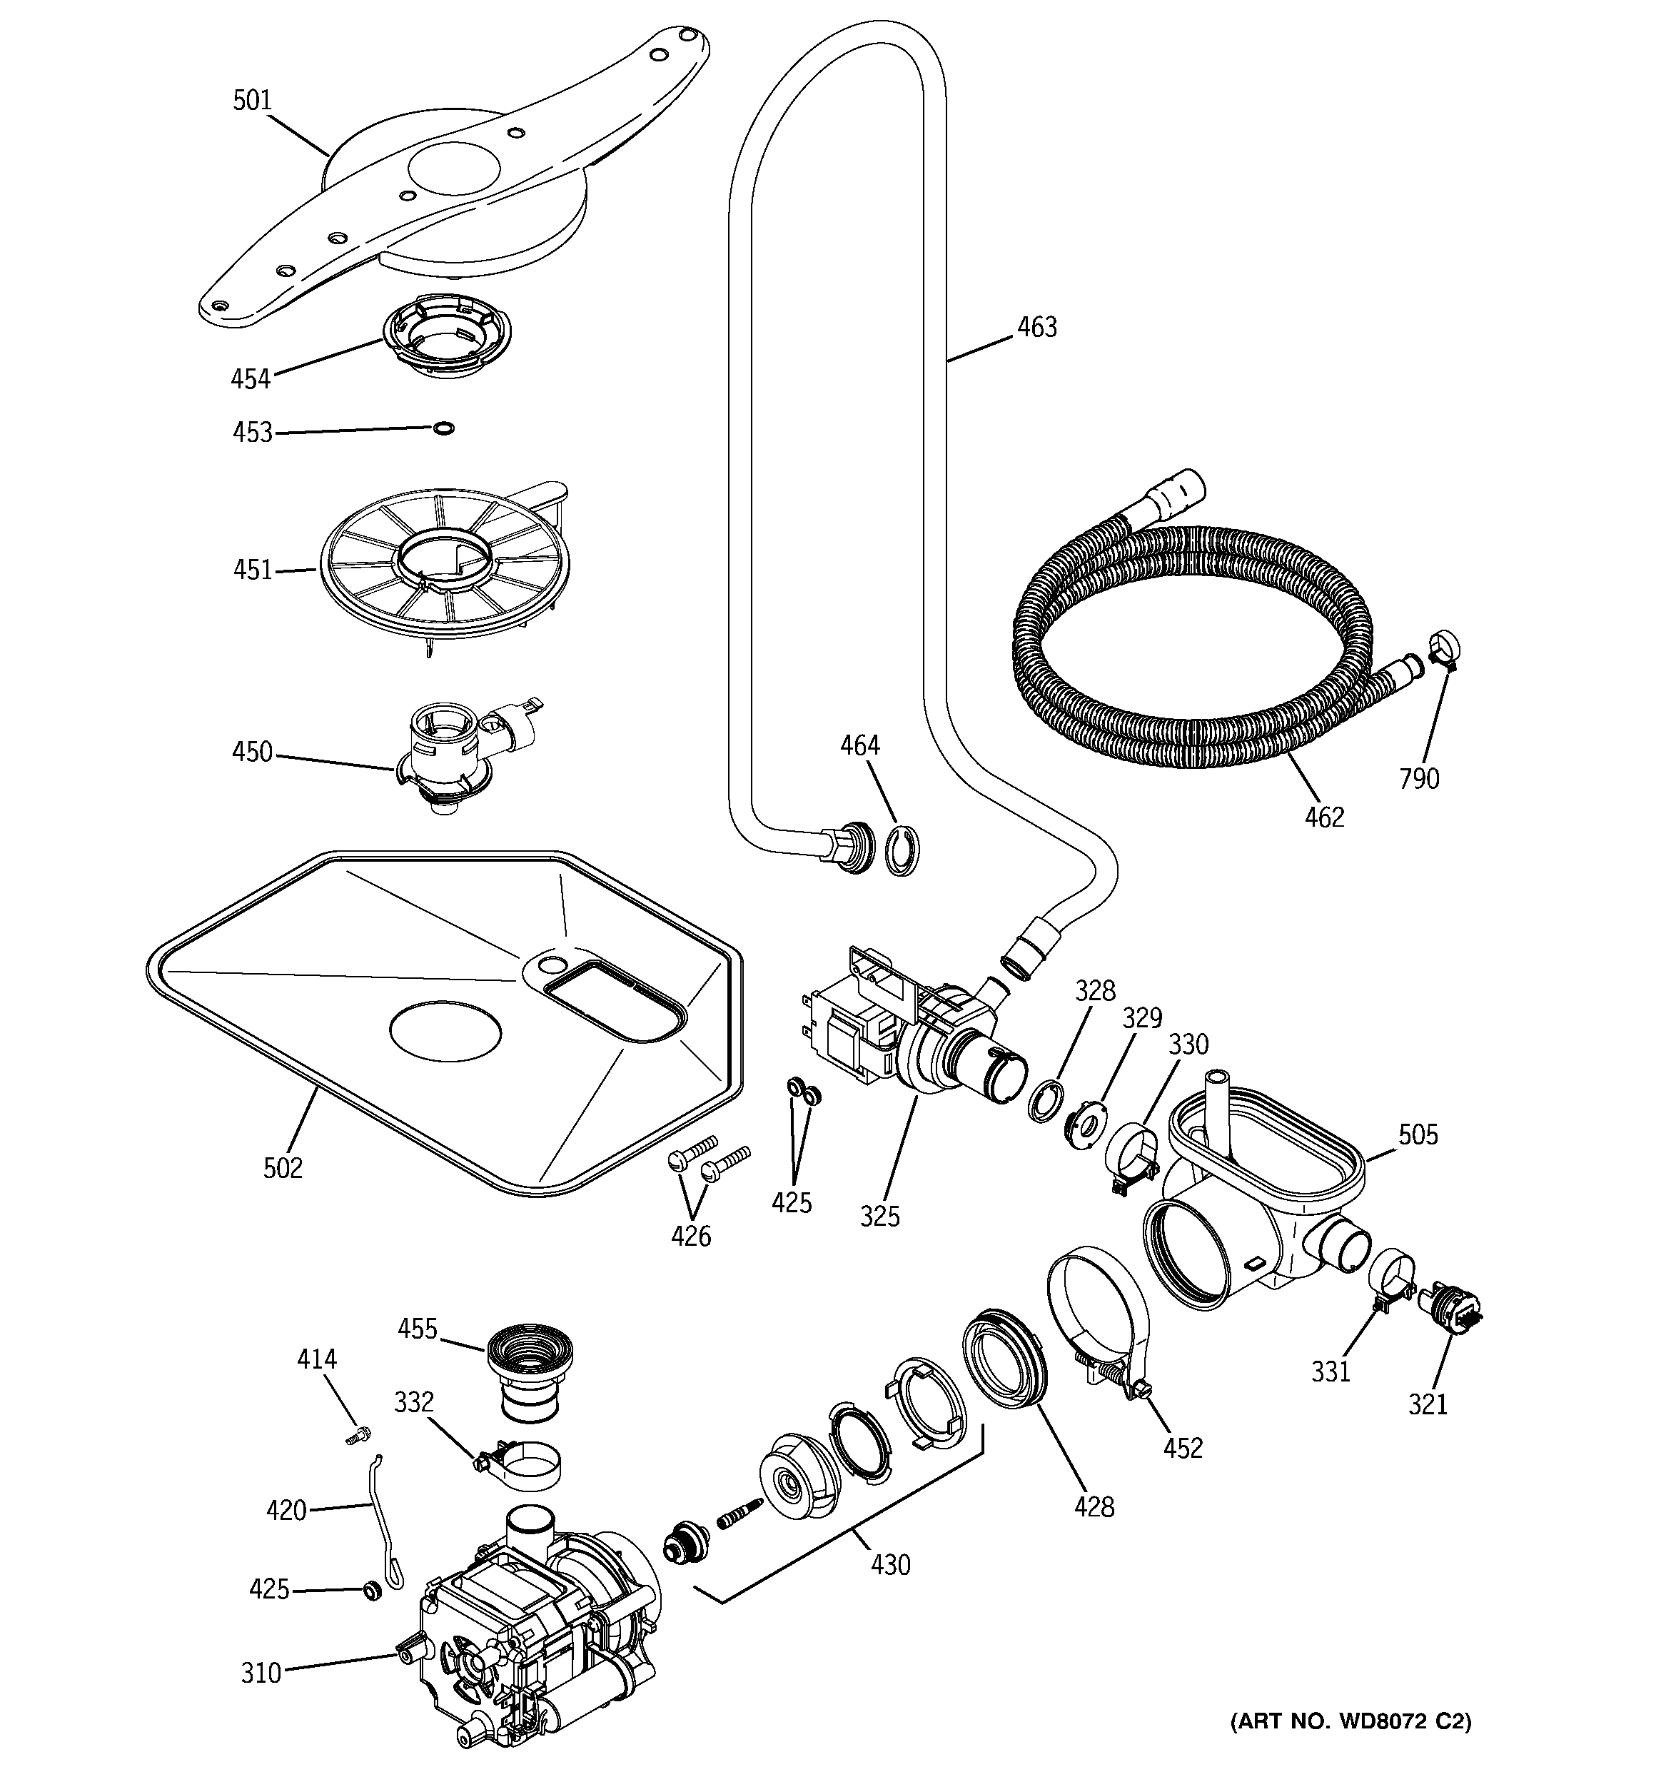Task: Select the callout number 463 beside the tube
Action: (x=1036, y=328)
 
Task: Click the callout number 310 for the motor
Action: (x=261, y=1673)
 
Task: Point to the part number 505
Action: (x=1417, y=1135)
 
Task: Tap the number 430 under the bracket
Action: (x=890, y=1564)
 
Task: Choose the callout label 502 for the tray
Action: (x=283, y=1168)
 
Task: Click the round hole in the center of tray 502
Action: (x=445, y=1031)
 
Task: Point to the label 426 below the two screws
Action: (x=691, y=1236)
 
